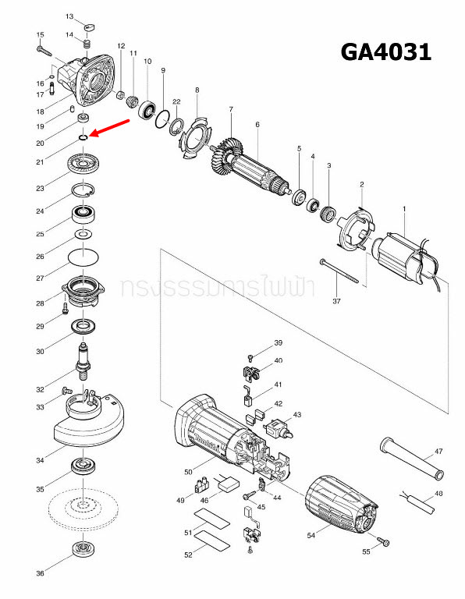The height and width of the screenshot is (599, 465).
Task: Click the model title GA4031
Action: point(385,52)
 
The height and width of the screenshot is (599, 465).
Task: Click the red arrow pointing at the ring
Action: point(111,127)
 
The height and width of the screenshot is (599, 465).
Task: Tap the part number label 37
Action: point(338,301)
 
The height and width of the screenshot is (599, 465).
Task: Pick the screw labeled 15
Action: point(44,48)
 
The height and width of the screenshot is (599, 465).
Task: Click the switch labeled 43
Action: point(279,427)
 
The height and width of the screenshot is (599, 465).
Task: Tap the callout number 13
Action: point(69,16)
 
